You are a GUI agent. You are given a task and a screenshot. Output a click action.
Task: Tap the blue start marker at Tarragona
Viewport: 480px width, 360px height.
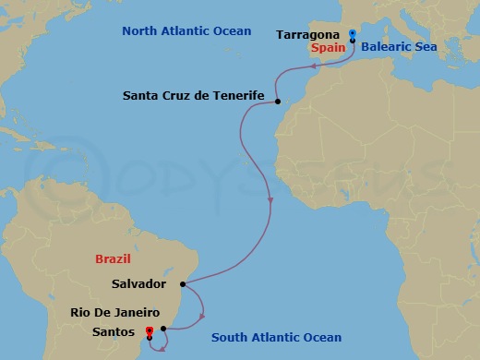point(353,35)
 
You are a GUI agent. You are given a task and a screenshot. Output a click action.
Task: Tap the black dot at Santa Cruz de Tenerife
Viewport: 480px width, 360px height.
point(278,102)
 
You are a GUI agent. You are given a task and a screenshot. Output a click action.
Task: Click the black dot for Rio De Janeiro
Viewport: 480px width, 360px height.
point(163,328)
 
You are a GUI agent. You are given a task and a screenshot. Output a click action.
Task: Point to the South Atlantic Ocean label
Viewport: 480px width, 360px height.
point(276,338)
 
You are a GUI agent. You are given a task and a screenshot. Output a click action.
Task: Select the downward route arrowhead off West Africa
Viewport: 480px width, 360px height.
point(269,199)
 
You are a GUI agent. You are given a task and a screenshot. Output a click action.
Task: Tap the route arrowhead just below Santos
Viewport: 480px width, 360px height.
point(162,347)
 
